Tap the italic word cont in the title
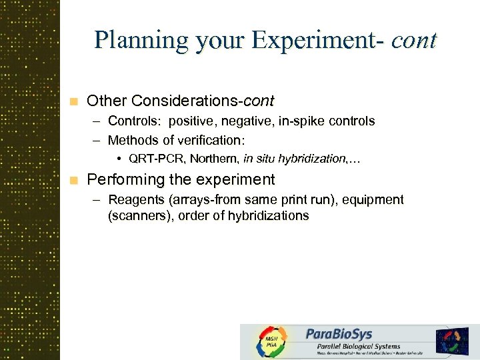[414, 40]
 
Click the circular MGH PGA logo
[271, 342]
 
